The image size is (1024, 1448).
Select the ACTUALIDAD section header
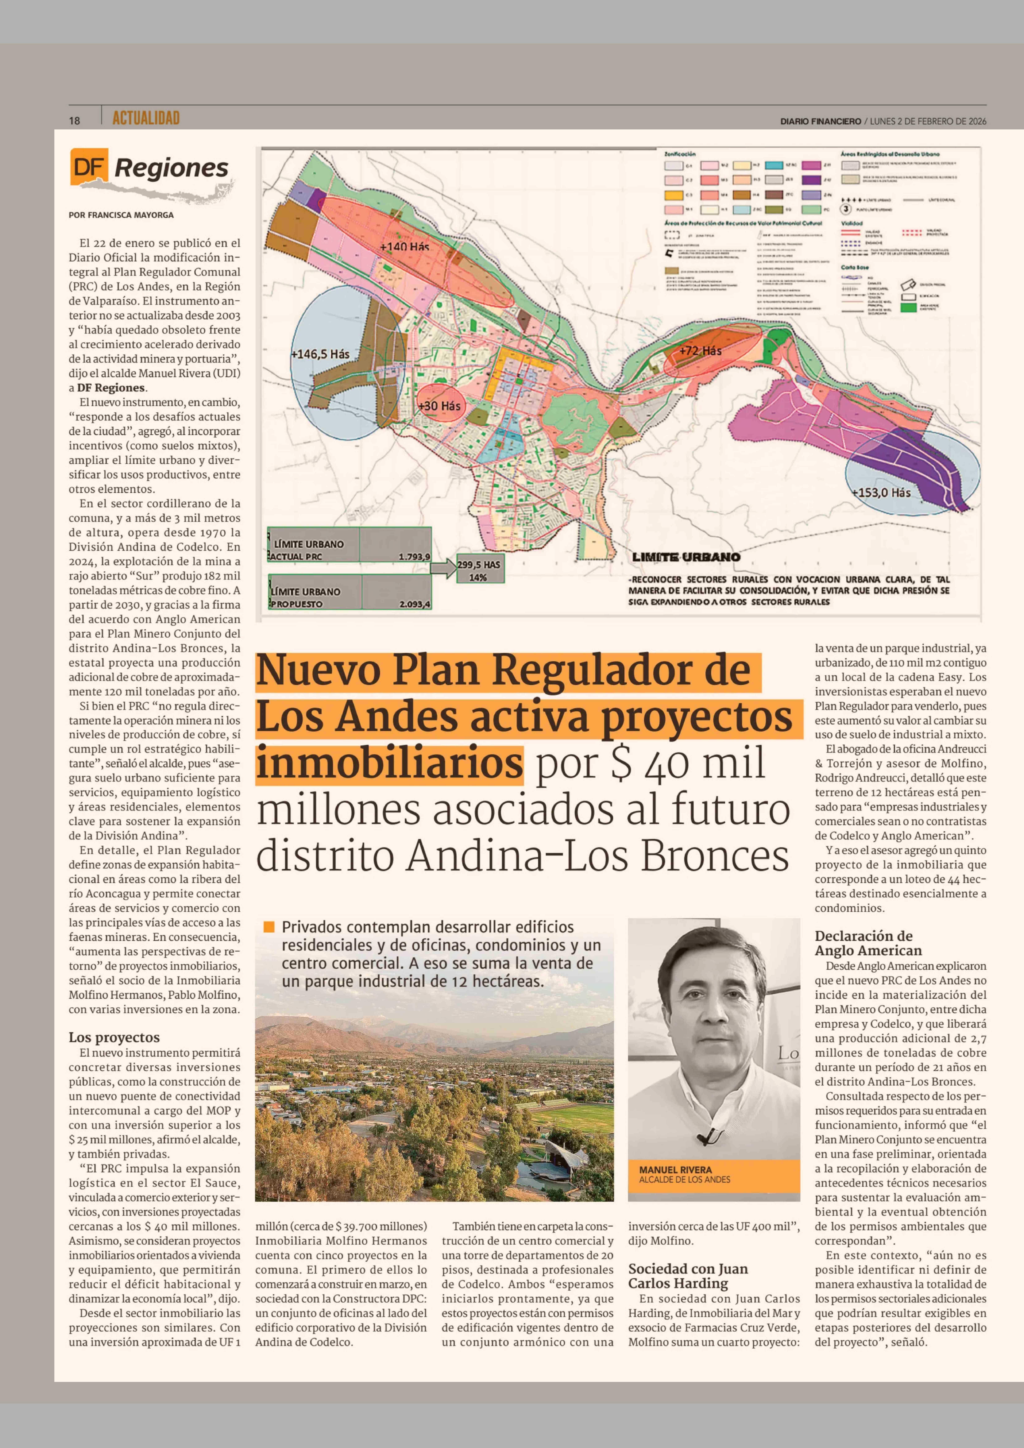[x=146, y=118]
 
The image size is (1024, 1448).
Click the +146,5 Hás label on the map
[x=320, y=354]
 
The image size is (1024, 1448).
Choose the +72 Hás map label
[x=700, y=351]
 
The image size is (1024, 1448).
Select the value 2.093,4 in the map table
[x=414, y=604]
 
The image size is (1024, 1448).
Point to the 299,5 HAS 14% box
[x=479, y=570]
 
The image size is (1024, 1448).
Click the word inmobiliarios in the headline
[x=389, y=763]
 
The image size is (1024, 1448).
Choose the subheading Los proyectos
[x=114, y=1037]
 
